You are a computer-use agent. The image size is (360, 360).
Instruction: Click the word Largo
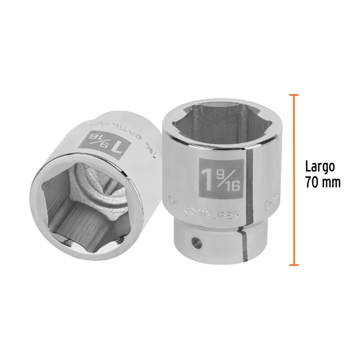tap(320, 167)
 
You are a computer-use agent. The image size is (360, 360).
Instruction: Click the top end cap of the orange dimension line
tap(294, 95)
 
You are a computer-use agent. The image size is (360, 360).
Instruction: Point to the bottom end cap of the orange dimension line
tap(294, 265)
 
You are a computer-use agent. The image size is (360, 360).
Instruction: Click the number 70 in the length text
tap(313, 183)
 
